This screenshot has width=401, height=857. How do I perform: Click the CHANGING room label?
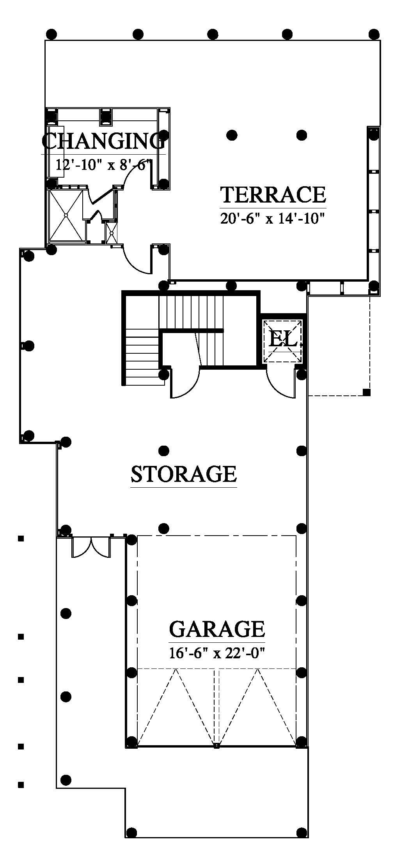[103, 141]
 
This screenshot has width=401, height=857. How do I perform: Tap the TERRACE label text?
[273, 195]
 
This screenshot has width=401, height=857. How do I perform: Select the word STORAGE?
[184, 474]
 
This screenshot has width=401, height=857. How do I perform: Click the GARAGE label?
[217, 629]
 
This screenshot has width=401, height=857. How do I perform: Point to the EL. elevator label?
[284, 339]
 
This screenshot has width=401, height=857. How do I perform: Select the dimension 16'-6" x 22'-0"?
[217, 652]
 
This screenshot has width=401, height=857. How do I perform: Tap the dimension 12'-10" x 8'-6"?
[103, 165]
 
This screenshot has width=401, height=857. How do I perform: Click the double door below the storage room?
[91, 547]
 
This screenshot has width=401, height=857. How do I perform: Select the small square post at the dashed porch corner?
[366, 392]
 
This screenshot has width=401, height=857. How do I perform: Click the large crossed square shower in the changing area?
[66, 215]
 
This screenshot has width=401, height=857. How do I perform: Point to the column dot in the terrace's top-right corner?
[374, 34]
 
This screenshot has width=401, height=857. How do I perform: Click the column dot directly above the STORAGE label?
[164, 451]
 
